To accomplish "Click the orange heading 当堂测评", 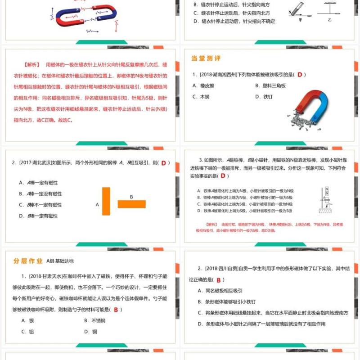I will click(206, 58).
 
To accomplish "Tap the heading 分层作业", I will click(27, 261).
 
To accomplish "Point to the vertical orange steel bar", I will click(106, 202).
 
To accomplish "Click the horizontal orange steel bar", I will click(132, 204).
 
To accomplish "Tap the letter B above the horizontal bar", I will click(131, 197).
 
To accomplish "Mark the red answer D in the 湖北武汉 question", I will click(164, 163).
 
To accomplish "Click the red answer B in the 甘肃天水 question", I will click(116, 309).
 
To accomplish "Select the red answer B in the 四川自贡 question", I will click(218, 279).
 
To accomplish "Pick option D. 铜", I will click(91, 332).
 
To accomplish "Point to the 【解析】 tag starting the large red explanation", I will click(31, 65).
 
